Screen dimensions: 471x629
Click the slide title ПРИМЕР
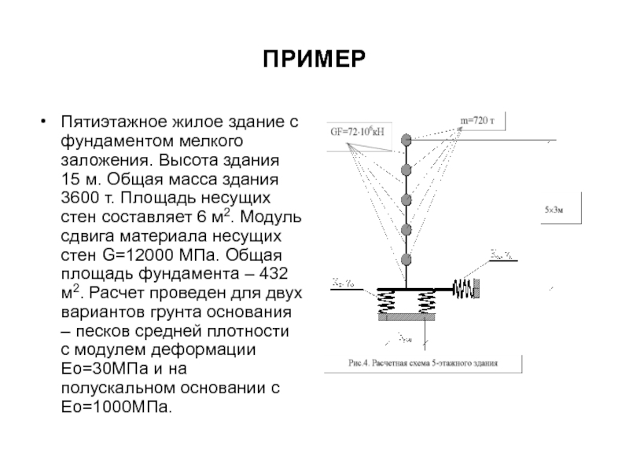coord(314,60)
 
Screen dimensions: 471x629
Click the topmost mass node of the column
coord(406,140)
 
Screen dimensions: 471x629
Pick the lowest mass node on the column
coord(406,259)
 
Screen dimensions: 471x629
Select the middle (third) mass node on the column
coord(406,199)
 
